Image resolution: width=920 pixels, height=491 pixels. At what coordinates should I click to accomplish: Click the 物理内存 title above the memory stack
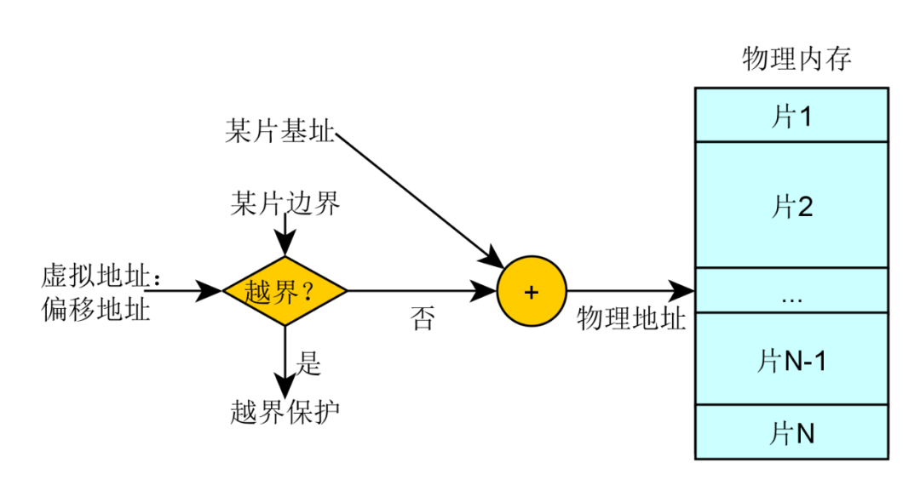pyautogui.click(x=796, y=60)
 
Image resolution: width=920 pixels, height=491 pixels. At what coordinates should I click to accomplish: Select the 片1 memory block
pyautogui.click(x=791, y=116)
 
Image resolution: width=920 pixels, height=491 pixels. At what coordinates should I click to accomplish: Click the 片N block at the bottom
pyautogui.click(x=791, y=433)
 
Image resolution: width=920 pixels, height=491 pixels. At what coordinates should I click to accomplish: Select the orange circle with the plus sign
pyautogui.click(x=532, y=292)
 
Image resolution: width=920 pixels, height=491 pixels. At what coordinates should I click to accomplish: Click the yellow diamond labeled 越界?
pyautogui.click(x=285, y=292)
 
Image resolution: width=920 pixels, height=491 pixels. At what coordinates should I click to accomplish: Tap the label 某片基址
pyautogui.click(x=279, y=133)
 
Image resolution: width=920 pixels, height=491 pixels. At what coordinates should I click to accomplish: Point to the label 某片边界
pyautogui.click(x=285, y=204)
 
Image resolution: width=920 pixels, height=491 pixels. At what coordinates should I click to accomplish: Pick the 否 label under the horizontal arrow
pyautogui.click(x=422, y=320)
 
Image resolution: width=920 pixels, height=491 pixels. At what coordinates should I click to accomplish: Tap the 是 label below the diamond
pyautogui.click(x=308, y=363)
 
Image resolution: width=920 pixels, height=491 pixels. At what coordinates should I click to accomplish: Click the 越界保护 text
pyautogui.click(x=285, y=412)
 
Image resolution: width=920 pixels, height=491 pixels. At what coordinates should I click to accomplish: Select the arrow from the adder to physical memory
pyautogui.click(x=630, y=292)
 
